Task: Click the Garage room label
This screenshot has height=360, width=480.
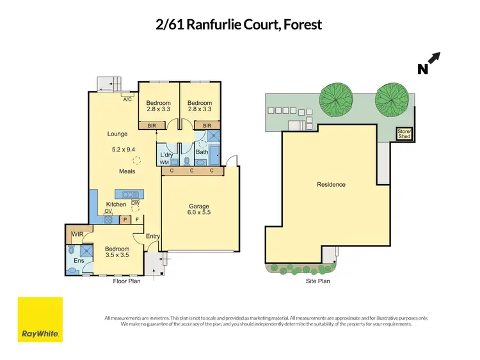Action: pyautogui.click(x=199, y=206)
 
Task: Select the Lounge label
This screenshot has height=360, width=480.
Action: pyautogui.click(x=117, y=134)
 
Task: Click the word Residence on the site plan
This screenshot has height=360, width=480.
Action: pyautogui.click(x=331, y=185)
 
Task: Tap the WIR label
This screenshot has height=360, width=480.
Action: pyautogui.click(x=78, y=235)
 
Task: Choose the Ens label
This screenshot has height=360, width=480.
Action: pyautogui.click(x=79, y=260)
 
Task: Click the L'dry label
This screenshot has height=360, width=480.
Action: pyautogui.click(x=166, y=155)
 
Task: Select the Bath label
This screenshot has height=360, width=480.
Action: pyautogui.click(x=202, y=152)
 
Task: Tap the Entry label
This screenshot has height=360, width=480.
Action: pyautogui.click(x=152, y=237)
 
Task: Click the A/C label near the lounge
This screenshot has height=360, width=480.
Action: pyautogui.click(x=128, y=99)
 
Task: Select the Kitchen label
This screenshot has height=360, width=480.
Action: pyautogui.click(x=116, y=205)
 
